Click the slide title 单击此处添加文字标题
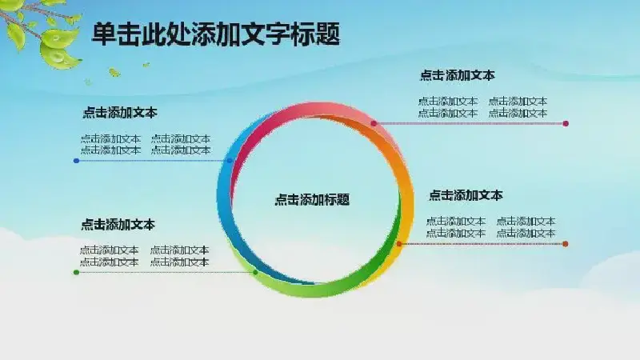coord(216,34)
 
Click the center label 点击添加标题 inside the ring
coord(312,199)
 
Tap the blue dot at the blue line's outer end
coord(76,161)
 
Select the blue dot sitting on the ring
coord(230,161)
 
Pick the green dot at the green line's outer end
coord(76,272)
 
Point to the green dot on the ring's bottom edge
coord(255,272)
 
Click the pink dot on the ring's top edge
coord(374,123)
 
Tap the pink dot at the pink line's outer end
coord(566,123)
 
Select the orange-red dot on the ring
coord(399,244)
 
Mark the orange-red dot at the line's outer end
coord(566,244)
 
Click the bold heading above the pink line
coord(457,75)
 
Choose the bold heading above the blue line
coord(120,113)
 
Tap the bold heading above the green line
coord(118,225)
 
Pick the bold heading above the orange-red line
coord(466,195)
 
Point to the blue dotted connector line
coord(153,161)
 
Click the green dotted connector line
coord(166,272)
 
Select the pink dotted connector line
coord(470,123)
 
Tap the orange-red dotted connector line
coord(482,244)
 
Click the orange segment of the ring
coord(402,171)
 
